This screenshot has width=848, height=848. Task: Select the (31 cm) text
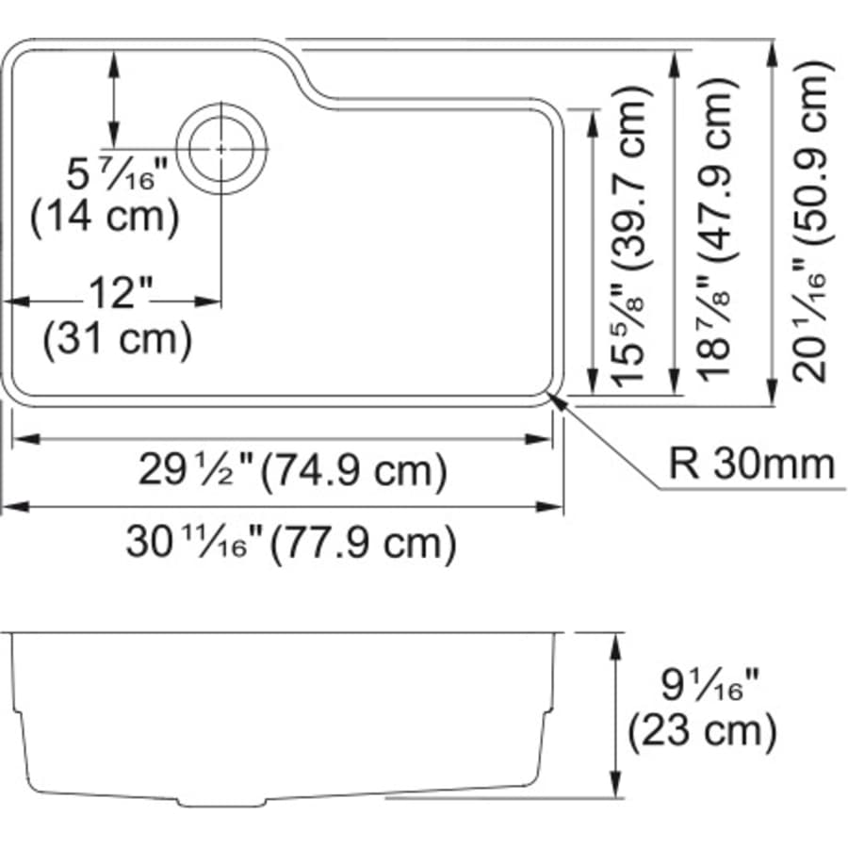tap(118, 338)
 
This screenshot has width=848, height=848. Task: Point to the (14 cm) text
tap(105, 218)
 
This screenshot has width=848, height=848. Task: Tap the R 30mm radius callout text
tap(751, 464)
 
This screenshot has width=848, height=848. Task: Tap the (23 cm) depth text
tap(702, 731)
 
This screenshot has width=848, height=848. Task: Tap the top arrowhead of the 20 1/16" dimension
tap(772, 53)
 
